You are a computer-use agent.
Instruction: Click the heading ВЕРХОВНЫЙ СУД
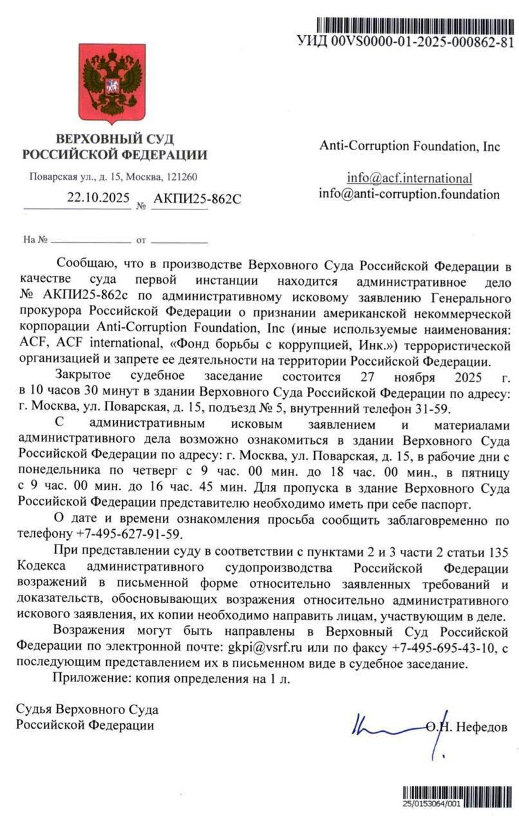point(115,139)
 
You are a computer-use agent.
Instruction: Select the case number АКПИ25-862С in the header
point(197,199)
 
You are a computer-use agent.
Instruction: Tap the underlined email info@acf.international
point(409,178)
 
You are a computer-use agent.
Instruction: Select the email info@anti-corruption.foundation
point(409,193)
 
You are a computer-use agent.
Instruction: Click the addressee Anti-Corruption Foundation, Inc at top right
point(410,146)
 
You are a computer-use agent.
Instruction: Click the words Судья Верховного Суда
point(87,710)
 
